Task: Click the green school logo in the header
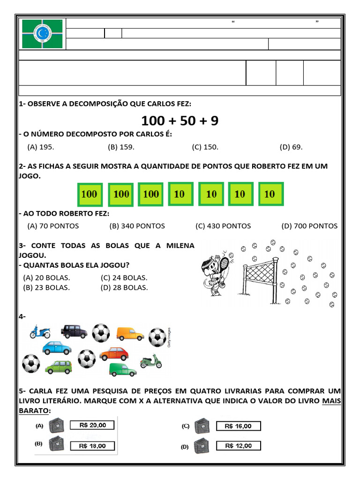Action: tap(42, 34)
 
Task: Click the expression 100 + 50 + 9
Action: tap(180, 121)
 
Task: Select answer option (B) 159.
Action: tap(121, 147)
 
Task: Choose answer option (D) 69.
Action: tap(291, 147)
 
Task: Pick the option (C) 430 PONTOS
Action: tap(223, 226)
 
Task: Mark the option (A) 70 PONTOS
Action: tap(53, 226)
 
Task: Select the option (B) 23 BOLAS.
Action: tap(46, 287)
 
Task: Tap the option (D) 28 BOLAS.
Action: tap(124, 287)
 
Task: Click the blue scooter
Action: tap(40, 332)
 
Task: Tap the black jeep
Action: tap(74, 331)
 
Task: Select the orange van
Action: tap(130, 333)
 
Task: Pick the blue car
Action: tap(57, 347)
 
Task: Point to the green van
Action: tap(122, 369)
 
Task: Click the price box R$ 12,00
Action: tap(238, 446)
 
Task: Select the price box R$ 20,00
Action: tap(92, 425)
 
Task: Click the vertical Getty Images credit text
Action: tap(168, 337)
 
